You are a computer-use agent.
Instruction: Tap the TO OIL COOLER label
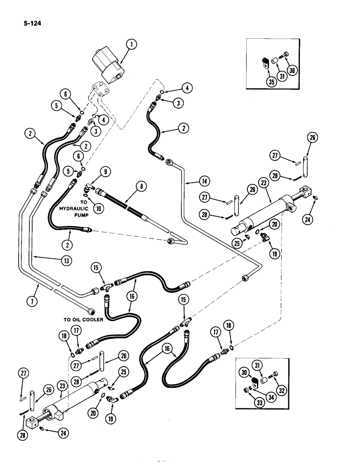coord(83,319)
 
